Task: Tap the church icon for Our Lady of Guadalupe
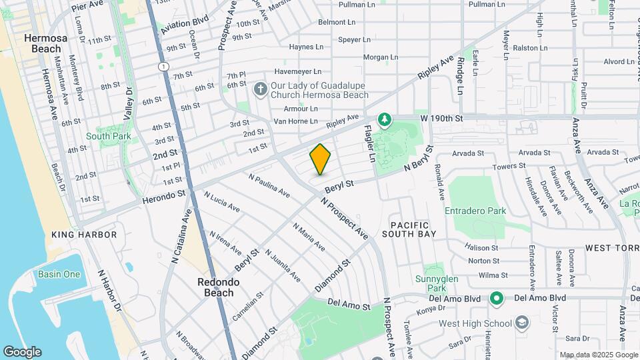[x=261, y=88]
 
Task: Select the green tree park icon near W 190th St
[x=384, y=119]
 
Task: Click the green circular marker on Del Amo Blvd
[x=495, y=297]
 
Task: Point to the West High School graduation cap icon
[x=522, y=324]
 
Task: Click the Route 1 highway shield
[x=163, y=67]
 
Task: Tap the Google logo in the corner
[x=22, y=352]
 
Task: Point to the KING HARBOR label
[x=84, y=235]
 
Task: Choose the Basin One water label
[x=59, y=274]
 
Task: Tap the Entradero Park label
[x=476, y=211]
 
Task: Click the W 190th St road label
[x=441, y=118]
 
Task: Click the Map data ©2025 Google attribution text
[x=599, y=355]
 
